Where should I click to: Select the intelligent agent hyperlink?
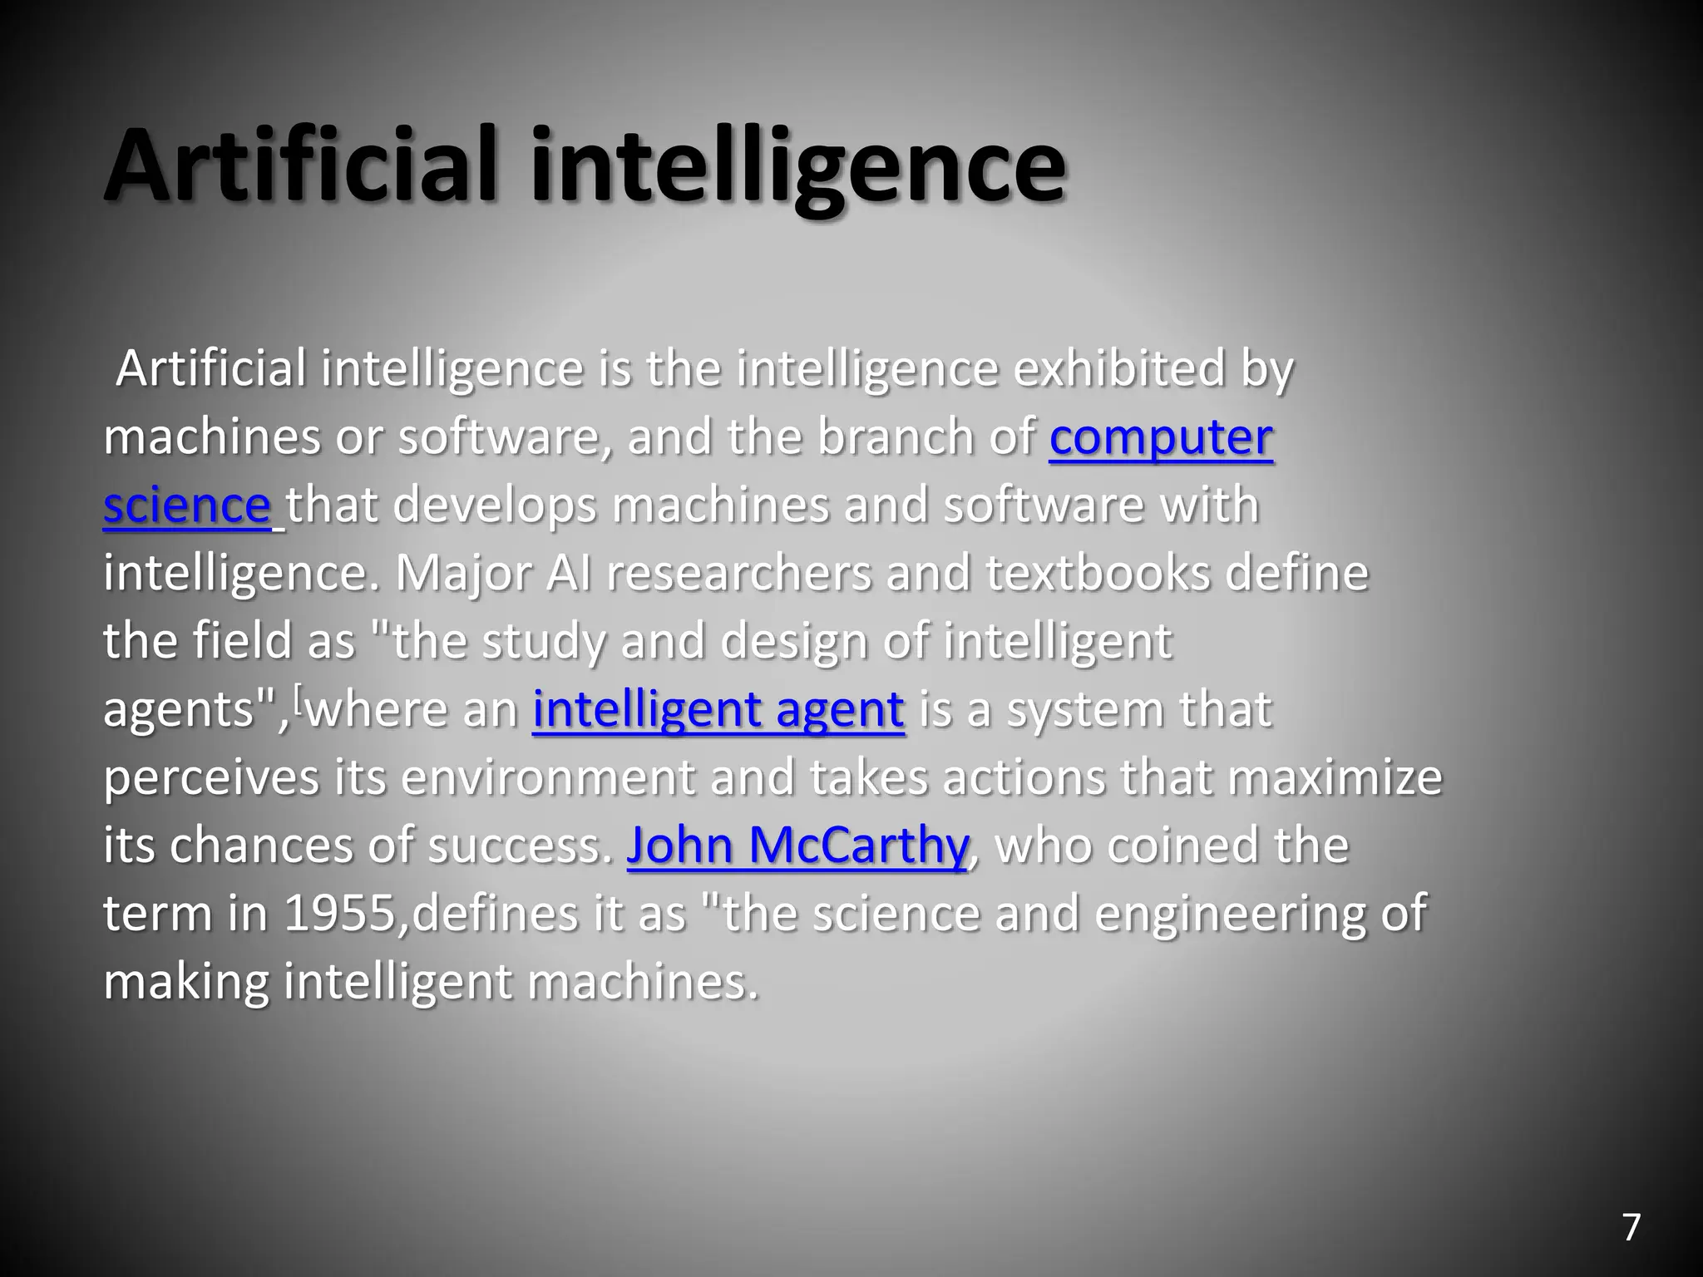click(718, 710)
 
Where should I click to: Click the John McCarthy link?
click(797, 846)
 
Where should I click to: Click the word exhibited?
click(1119, 369)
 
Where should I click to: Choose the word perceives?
click(211, 778)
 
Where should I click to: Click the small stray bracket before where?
click(299, 700)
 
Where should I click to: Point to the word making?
click(185, 982)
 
